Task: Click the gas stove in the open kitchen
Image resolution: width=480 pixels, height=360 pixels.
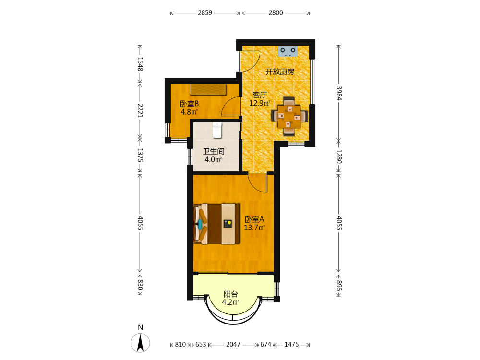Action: [288, 51]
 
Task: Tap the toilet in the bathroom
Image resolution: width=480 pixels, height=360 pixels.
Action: [217, 130]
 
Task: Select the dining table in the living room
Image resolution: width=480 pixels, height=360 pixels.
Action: [289, 117]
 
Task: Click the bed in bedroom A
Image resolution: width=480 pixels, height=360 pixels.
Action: [217, 224]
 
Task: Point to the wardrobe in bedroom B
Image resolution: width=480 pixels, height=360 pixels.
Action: [208, 89]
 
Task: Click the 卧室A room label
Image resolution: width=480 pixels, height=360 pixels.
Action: [254, 219]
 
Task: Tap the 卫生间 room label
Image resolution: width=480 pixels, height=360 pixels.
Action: [214, 151]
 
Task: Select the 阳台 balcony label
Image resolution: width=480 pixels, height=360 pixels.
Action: [230, 294]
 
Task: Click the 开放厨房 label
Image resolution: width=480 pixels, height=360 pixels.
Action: [280, 72]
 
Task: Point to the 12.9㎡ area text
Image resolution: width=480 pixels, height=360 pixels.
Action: [259, 103]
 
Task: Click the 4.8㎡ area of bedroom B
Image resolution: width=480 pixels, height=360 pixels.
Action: [189, 112]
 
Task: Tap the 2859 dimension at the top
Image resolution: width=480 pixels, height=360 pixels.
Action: [205, 12]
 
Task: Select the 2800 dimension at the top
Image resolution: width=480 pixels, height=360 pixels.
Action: [276, 12]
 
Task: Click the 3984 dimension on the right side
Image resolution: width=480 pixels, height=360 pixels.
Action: [339, 93]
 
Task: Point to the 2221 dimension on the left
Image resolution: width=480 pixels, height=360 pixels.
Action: [140, 110]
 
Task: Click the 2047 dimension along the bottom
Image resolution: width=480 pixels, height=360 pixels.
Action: [233, 344]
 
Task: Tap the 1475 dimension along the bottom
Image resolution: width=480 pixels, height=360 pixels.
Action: [291, 344]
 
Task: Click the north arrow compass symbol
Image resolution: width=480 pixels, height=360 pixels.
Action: [140, 343]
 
